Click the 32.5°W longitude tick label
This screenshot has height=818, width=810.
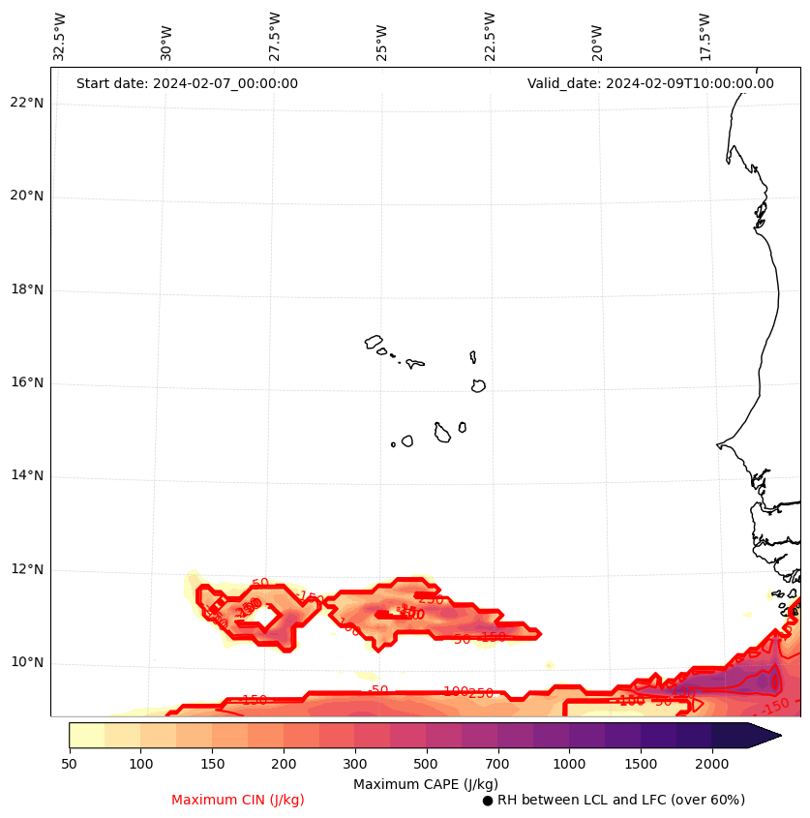[x=60, y=37]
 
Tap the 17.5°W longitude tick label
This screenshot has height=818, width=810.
[x=705, y=37]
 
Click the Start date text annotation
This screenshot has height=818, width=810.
[x=187, y=84]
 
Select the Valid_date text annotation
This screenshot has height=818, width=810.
[x=650, y=84]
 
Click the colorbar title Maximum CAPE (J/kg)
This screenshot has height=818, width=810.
[x=426, y=784]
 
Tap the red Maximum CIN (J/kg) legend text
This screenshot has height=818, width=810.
[x=238, y=801]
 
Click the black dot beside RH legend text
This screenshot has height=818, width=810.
[x=488, y=801]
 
